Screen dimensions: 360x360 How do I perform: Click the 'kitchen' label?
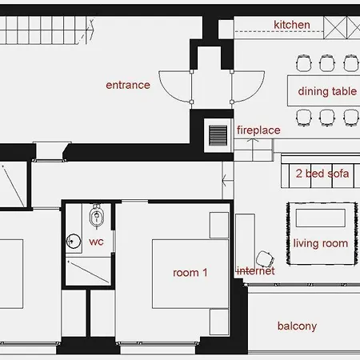click(x=291, y=25)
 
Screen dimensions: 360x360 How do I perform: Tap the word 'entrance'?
click(x=128, y=85)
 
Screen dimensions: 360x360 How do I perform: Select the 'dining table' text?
click(x=326, y=91)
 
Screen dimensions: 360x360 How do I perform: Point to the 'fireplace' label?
click(x=258, y=130)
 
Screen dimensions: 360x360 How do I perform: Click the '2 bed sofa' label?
click(x=322, y=174)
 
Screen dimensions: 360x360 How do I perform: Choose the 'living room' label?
click(x=322, y=243)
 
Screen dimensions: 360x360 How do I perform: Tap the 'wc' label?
click(x=96, y=241)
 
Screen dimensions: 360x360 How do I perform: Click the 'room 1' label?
click(x=190, y=273)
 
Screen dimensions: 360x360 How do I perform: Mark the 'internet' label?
click(x=255, y=271)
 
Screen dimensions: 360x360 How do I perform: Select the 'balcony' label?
click(x=297, y=326)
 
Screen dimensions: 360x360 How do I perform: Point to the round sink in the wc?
click(x=74, y=239)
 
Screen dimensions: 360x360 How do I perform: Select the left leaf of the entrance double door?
click(x=176, y=85)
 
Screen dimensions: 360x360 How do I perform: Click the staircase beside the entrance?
click(x=48, y=33)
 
